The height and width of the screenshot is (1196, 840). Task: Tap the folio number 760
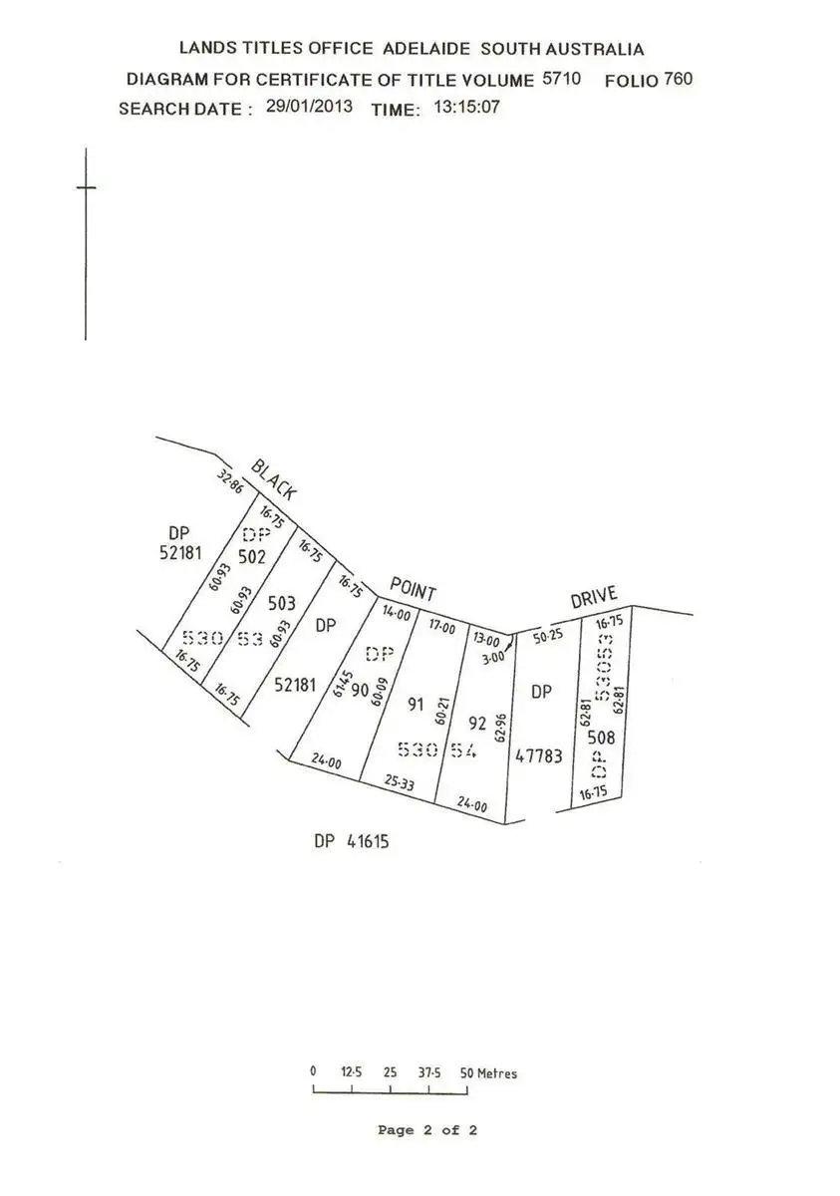tap(678, 78)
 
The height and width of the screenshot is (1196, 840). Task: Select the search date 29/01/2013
tap(309, 107)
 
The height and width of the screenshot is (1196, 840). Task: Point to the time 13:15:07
tap(466, 107)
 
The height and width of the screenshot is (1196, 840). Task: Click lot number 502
tap(252, 557)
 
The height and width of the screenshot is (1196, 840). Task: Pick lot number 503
tap(282, 603)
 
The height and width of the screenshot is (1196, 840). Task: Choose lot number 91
tap(417, 704)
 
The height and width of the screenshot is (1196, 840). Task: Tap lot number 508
tap(600, 739)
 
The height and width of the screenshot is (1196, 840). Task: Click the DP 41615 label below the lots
tap(351, 841)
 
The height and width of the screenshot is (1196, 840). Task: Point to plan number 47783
tap(539, 756)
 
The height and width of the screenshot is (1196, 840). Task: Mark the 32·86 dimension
tap(231, 482)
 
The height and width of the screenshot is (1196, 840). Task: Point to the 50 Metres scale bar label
tap(488, 1073)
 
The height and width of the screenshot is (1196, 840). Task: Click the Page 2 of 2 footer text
tap(427, 1130)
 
